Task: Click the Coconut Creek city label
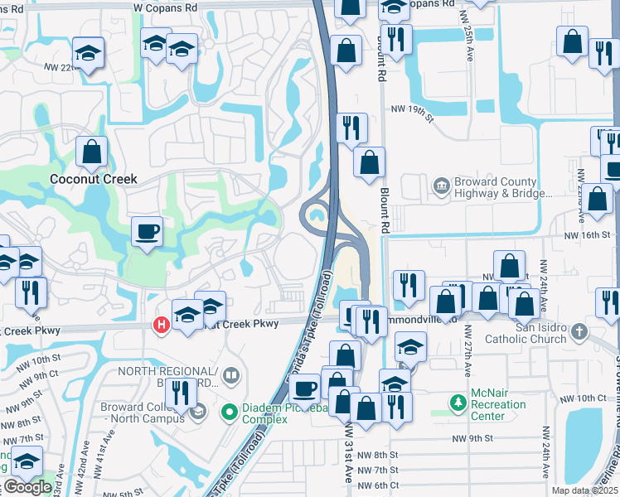93,179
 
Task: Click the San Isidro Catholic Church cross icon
579,332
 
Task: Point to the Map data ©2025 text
584,490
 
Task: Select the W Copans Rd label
166,6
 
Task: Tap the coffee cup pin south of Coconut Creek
148,232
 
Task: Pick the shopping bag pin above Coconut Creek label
91,152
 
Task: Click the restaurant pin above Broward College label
179,393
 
